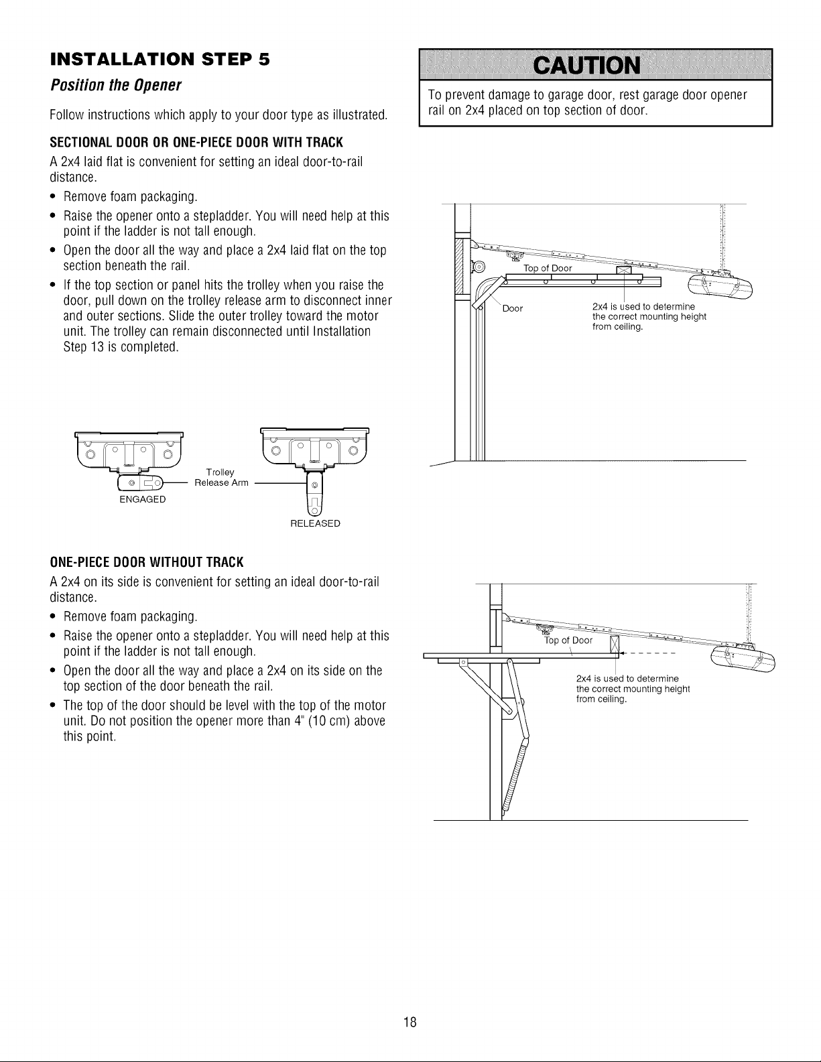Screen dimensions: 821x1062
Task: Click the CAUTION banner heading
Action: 586,66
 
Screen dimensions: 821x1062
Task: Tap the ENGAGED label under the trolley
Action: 143,499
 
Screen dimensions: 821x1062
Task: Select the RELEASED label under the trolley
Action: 315,523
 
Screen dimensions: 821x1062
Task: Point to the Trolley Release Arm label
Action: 221,478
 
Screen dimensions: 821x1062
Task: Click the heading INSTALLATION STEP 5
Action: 160,60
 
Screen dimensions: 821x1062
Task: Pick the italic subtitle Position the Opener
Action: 116,86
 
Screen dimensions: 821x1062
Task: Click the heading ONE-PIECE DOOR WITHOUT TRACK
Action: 147,563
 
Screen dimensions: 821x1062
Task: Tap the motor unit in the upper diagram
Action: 720,286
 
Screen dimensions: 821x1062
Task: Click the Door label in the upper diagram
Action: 513,308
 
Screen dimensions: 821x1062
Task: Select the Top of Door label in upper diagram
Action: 548,268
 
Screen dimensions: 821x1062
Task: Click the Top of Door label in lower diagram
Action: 568,641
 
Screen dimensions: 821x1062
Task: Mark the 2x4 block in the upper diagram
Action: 624,270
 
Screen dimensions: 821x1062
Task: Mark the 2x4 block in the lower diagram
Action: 615,644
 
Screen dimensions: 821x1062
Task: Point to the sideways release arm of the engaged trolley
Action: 139,483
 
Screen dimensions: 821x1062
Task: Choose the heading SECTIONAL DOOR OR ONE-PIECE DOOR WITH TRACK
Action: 196,142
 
